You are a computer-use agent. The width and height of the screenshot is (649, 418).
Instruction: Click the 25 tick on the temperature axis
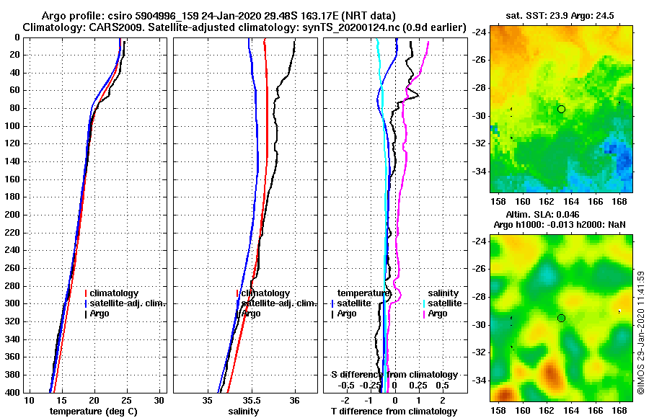click(x=127, y=401)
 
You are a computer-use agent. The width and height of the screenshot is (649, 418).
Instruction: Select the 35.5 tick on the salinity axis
click(x=251, y=401)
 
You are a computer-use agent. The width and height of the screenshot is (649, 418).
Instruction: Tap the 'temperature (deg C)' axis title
click(x=93, y=412)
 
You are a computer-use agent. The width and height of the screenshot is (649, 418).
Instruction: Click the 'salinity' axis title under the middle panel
click(x=244, y=412)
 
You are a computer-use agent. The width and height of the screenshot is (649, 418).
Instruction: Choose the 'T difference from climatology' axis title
click(x=394, y=412)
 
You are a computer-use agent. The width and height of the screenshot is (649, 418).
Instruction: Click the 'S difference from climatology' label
click(x=394, y=375)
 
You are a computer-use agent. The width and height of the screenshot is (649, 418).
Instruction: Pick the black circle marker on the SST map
click(x=561, y=109)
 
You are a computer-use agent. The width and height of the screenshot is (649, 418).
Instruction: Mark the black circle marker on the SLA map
click(x=561, y=318)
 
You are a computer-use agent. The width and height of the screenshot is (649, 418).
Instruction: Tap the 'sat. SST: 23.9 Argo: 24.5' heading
click(x=560, y=16)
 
